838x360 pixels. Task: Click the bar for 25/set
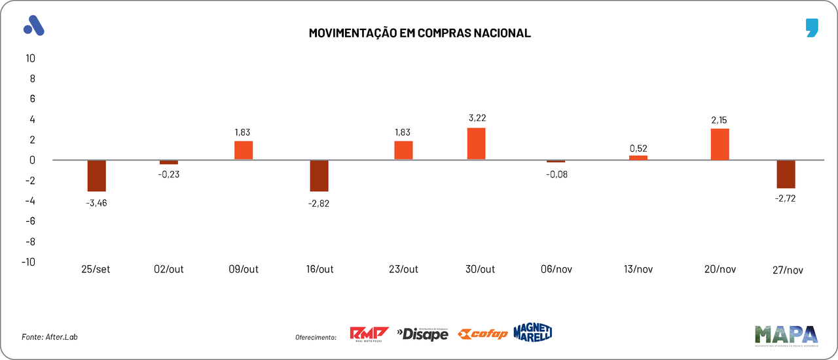point(96,175)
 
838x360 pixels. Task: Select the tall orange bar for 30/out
point(476,143)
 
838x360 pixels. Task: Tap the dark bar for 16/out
point(319,175)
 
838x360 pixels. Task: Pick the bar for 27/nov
point(786,174)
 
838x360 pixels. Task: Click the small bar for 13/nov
point(638,158)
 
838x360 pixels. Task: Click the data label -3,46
point(96,202)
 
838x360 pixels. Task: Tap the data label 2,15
point(719,120)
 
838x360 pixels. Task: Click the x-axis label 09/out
point(243,270)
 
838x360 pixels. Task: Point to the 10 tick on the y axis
point(30,58)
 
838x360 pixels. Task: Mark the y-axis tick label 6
point(32,99)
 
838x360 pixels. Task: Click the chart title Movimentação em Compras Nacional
point(420,33)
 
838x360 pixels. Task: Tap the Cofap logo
point(483,334)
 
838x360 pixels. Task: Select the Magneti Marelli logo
point(532,332)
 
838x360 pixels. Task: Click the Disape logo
point(422,334)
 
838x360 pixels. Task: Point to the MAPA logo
point(786,335)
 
